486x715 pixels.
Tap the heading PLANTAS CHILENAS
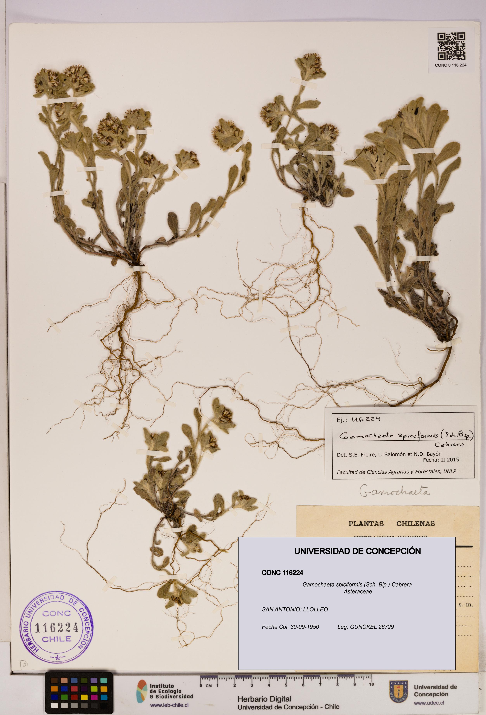pyautogui.click(x=391, y=524)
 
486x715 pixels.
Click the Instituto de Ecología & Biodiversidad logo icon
pyautogui.click(x=142, y=691)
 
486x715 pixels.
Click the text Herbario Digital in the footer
pyautogui.click(x=264, y=699)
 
